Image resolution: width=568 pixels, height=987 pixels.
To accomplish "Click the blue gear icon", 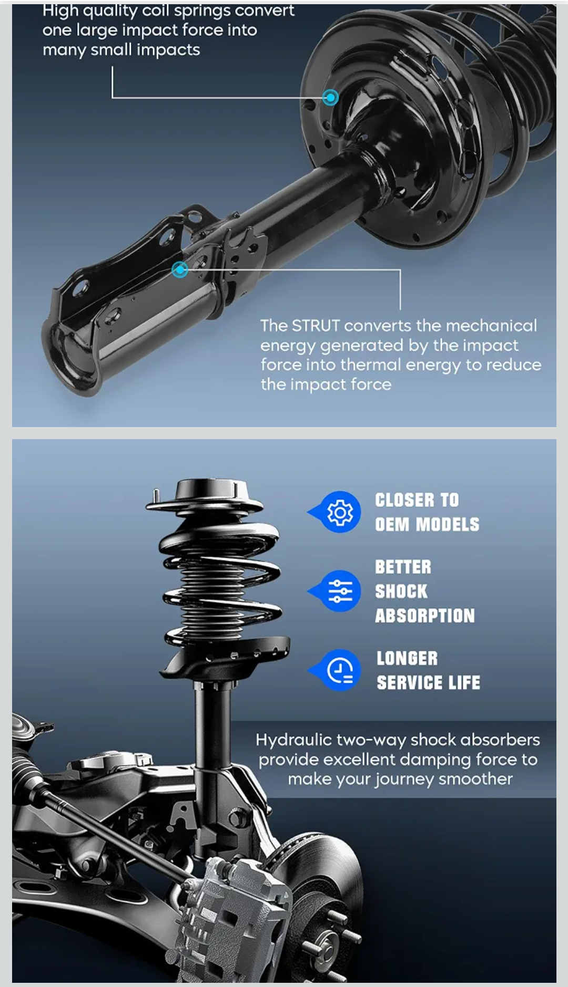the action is click(339, 512).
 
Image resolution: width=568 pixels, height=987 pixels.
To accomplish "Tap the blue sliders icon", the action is click(339, 591).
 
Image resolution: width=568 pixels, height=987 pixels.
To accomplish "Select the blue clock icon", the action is click(339, 670).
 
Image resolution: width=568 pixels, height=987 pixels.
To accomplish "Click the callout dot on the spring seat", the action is click(330, 97).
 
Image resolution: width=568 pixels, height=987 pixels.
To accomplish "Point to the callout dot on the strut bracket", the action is click(180, 269).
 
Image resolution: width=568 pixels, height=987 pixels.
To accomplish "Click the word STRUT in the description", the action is click(316, 326).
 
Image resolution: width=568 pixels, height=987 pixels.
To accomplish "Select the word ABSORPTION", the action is click(425, 616).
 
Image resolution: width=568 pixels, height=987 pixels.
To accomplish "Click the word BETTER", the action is click(403, 567).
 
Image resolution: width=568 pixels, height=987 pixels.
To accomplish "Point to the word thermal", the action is click(371, 365).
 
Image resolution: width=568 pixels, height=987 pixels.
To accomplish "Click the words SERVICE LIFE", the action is click(429, 682).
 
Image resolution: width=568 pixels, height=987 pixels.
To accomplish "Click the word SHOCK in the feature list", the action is click(401, 591).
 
